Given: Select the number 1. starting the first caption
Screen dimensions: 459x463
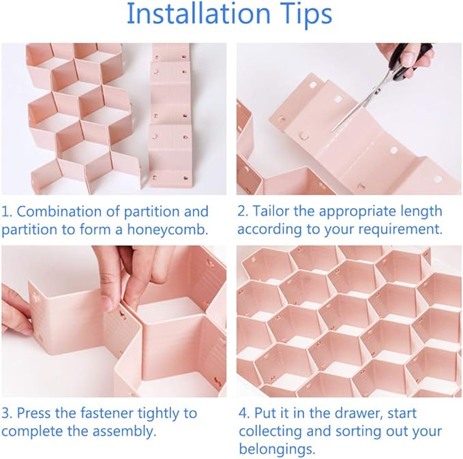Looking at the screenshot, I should (7, 211).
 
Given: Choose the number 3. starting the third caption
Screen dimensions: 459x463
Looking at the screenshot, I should (7, 413).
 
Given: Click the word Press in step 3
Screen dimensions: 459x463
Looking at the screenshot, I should (35, 413).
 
